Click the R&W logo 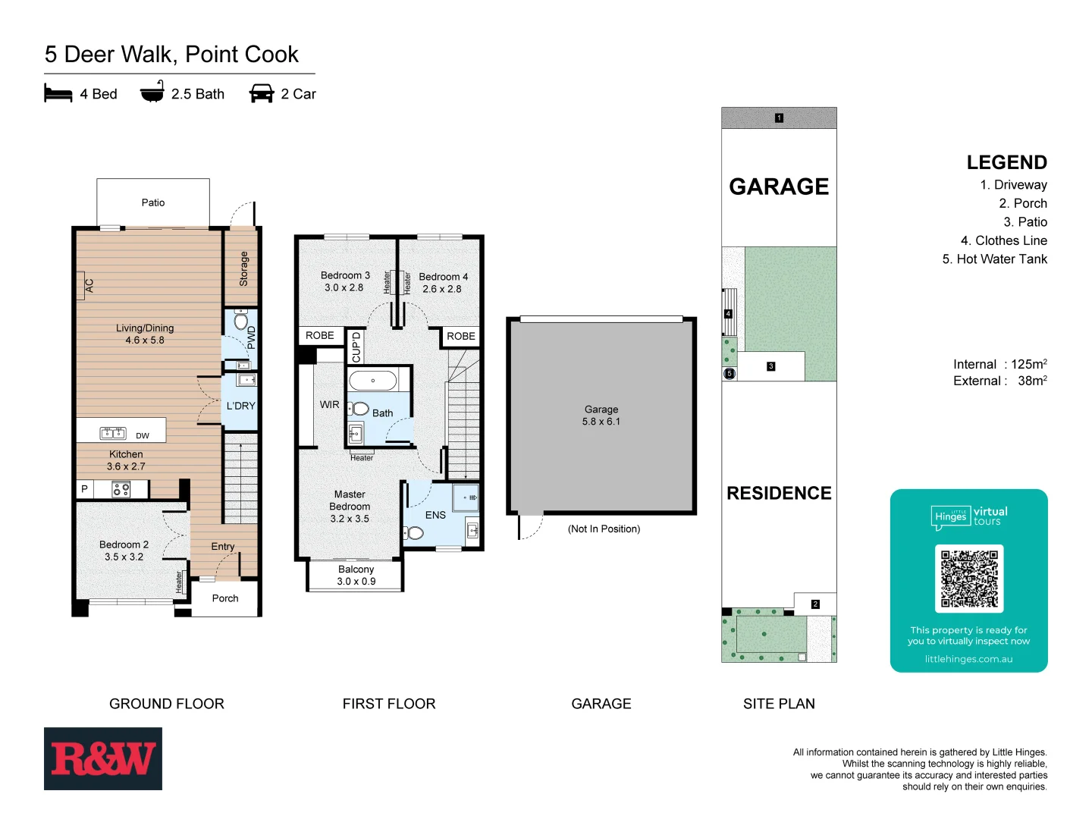pyautogui.click(x=103, y=758)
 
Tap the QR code pyautogui.click(x=969, y=579)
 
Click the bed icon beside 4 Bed pyautogui.click(x=58, y=93)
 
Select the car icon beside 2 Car pyautogui.click(x=262, y=93)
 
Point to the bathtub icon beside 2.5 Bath pyautogui.click(x=152, y=93)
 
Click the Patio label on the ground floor pyautogui.click(x=153, y=202)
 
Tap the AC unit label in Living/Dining pyautogui.click(x=89, y=286)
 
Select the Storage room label pyautogui.click(x=243, y=268)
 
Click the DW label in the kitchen pyautogui.click(x=143, y=435)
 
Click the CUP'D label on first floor pyautogui.click(x=356, y=347)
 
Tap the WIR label pyautogui.click(x=329, y=405)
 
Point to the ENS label pyautogui.click(x=435, y=515)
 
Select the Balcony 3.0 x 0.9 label pyautogui.click(x=356, y=576)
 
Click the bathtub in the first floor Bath pyautogui.click(x=373, y=380)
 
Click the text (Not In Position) pyautogui.click(x=604, y=529)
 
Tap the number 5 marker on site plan pyautogui.click(x=730, y=373)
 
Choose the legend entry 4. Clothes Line pyautogui.click(x=1003, y=240)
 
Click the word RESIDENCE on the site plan pyautogui.click(x=779, y=493)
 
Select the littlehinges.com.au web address pyautogui.click(x=968, y=659)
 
